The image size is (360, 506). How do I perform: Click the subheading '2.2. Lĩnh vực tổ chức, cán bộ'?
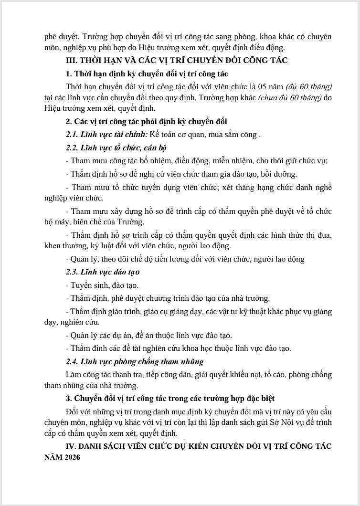(116, 148)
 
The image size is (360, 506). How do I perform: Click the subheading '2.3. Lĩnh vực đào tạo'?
(103, 272)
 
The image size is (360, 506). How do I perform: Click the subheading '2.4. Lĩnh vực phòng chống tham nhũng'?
(135, 361)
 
